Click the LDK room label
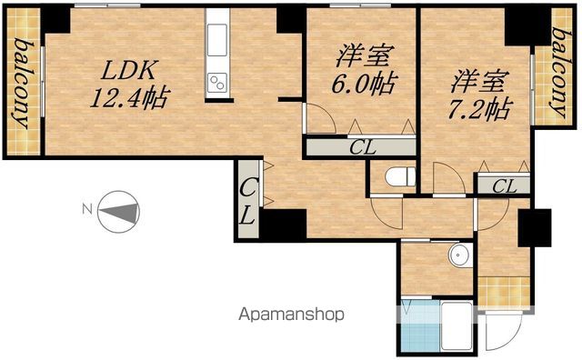128,70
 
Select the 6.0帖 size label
364,83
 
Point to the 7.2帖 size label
480,109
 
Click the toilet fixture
400,176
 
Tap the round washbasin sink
460,255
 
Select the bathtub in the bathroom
457,325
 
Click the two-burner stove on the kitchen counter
217,83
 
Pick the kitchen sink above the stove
217,40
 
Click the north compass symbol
118,212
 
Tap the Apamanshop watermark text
291,315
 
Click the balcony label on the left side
23,83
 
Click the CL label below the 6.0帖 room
363,147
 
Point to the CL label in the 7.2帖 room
505,186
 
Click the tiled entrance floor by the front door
504,291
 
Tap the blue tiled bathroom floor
420,325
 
